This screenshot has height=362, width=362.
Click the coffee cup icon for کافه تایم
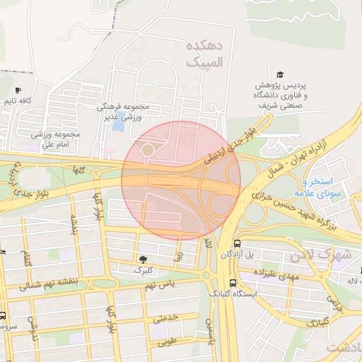18,90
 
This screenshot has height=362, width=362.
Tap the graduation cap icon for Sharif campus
280,75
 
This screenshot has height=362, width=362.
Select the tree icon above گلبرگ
144,259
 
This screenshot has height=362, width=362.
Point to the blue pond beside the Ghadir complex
116,115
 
